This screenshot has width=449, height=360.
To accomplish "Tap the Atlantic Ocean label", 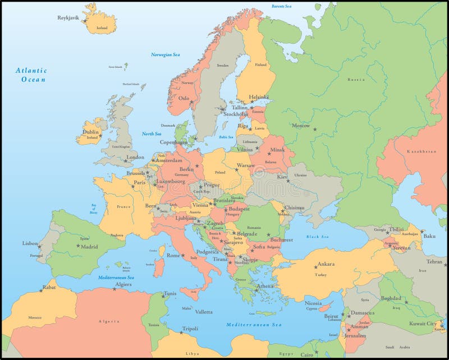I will click(31, 75).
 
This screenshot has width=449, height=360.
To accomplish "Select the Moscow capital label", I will click(301, 126).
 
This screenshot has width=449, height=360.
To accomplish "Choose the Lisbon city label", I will click(30, 243).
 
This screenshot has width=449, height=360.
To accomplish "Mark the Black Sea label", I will click(317, 237).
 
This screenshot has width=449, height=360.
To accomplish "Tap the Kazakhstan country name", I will click(421, 151).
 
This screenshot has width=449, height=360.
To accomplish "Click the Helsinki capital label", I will click(259, 96).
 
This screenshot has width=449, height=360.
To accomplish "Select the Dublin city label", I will click(90, 132).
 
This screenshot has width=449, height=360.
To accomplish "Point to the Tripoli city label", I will click(190, 329).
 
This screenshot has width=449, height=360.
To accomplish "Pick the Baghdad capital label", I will click(391, 298).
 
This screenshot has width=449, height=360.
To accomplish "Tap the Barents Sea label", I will click(282, 6).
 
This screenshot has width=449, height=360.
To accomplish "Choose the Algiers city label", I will click(123, 284).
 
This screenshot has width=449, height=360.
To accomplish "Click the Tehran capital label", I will click(434, 261).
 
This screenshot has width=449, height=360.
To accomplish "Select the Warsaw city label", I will click(245, 165).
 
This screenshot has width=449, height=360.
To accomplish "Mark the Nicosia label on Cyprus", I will click(313, 303).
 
